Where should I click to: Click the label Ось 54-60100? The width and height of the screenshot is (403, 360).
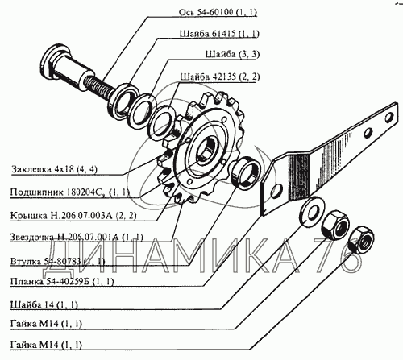218,12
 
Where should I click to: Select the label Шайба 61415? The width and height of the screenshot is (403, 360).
219,34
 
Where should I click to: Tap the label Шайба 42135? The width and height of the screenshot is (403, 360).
220,77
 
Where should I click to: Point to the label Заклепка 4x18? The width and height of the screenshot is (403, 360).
54,169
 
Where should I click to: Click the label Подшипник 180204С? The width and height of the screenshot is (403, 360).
70,192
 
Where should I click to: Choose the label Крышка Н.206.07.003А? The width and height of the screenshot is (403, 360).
73,216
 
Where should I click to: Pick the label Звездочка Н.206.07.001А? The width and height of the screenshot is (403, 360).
77,238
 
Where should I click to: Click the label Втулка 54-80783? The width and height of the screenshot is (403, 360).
57,261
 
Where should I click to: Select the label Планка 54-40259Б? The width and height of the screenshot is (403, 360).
62,282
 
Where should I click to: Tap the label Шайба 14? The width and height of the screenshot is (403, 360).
44,305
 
